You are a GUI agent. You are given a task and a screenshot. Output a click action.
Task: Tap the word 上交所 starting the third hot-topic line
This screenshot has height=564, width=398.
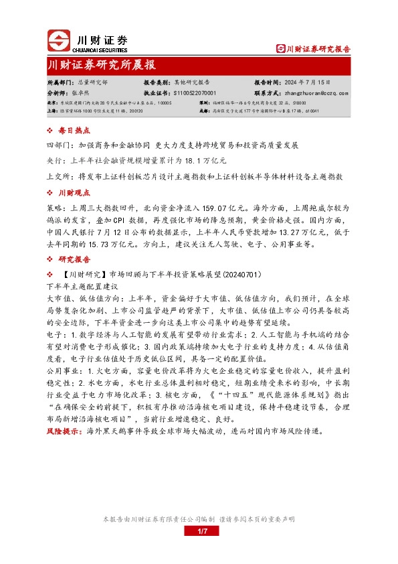pyautogui.click(x=58, y=177)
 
